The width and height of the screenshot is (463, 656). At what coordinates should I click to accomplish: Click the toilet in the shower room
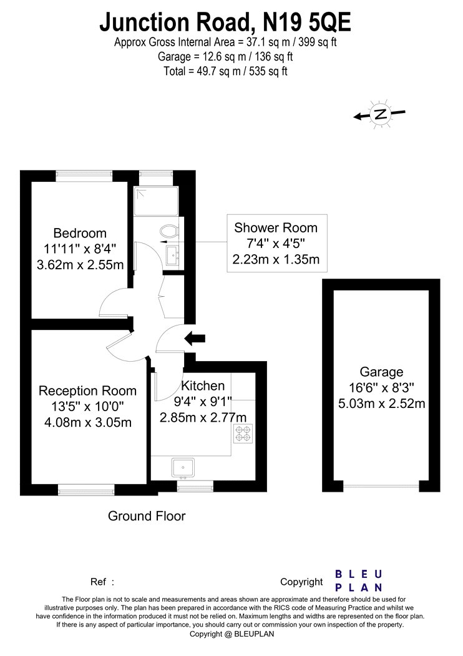point(170,231)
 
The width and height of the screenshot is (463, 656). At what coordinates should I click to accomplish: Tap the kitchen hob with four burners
point(243,433)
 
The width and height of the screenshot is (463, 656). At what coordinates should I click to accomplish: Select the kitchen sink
point(183,468)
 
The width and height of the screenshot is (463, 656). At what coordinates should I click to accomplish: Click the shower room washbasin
point(173,256)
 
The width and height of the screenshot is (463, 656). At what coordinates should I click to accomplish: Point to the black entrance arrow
point(195,338)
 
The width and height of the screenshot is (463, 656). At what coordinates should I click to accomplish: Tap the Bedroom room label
point(80,233)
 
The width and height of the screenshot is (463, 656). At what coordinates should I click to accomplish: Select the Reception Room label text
point(88,390)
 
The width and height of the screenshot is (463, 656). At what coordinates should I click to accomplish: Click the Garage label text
point(381,372)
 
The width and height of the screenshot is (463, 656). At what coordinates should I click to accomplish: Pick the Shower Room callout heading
point(276,227)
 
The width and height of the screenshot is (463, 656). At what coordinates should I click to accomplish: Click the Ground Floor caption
point(147,516)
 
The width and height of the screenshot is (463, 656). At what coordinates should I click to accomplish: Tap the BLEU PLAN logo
point(359,580)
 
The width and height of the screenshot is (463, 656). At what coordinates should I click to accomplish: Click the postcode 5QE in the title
point(329,23)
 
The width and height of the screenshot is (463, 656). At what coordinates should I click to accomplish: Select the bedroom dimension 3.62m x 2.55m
point(80,265)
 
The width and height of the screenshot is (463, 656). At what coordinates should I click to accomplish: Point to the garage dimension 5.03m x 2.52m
point(381,404)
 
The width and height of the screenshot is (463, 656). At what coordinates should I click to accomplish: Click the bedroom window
point(85,176)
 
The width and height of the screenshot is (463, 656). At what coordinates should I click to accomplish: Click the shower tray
point(156,201)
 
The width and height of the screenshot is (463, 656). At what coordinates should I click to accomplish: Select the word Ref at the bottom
point(98,582)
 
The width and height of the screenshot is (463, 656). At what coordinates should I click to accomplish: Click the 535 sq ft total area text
point(268,71)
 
